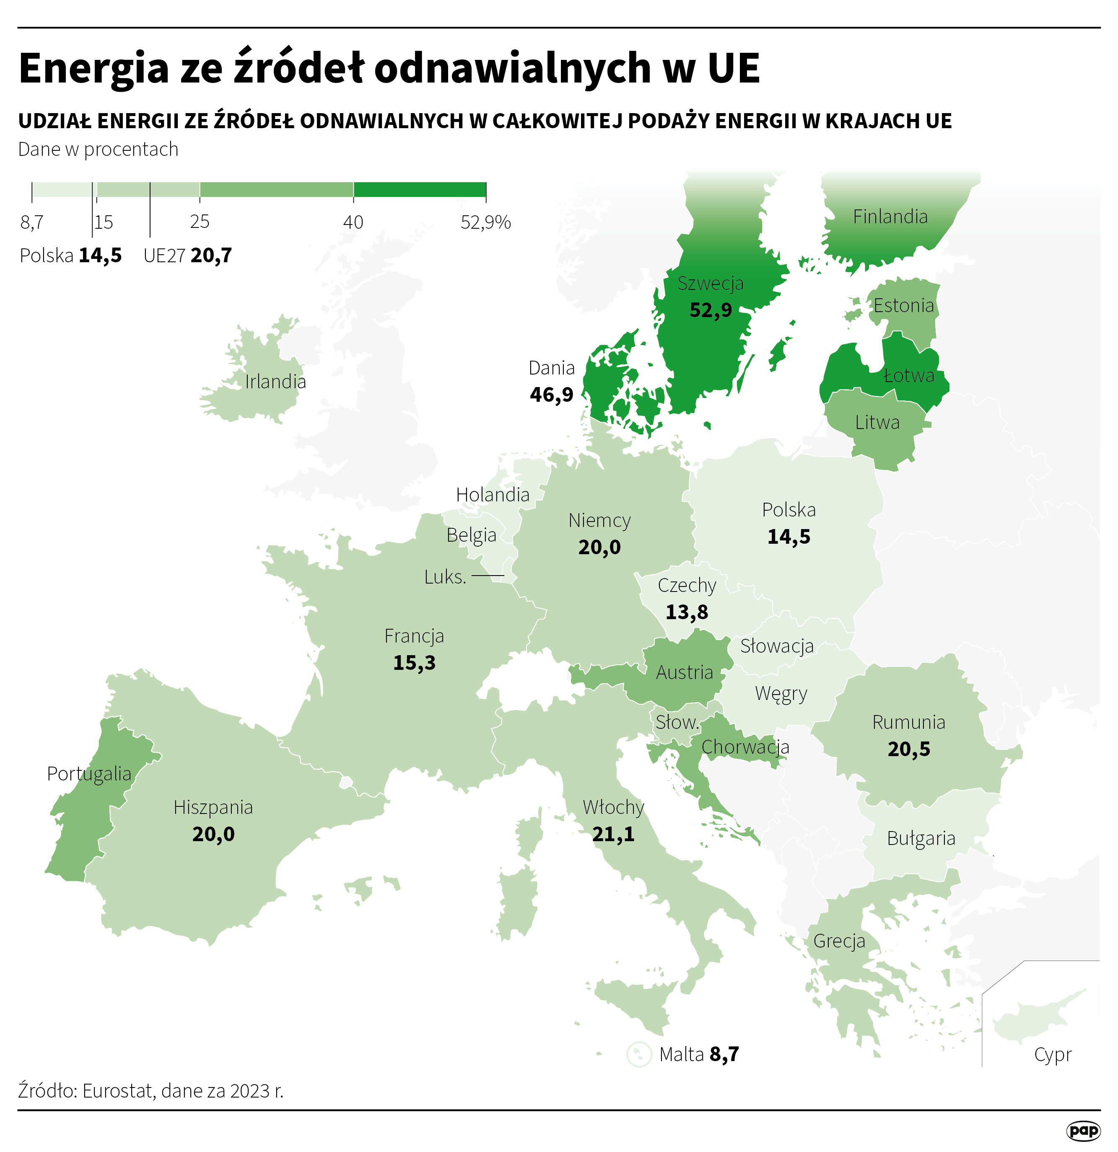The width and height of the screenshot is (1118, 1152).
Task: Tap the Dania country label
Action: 551,368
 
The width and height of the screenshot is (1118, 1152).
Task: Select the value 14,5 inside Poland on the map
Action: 789,537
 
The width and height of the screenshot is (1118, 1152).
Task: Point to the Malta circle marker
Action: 639,1054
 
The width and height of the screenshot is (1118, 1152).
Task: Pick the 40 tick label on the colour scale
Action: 353,222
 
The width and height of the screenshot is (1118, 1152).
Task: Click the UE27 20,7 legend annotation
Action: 188,256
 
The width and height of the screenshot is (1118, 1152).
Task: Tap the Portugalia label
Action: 89,773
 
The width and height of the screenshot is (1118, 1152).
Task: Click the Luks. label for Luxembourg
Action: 445,577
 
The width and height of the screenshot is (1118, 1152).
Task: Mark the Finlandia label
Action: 890,217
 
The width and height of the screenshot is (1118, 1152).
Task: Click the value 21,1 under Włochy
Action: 613,834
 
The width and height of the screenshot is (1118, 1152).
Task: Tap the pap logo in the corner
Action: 1083,1130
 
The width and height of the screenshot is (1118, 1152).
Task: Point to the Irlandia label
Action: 275,382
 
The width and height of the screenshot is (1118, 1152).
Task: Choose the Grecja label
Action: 839,941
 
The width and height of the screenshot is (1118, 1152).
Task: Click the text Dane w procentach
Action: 98,149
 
